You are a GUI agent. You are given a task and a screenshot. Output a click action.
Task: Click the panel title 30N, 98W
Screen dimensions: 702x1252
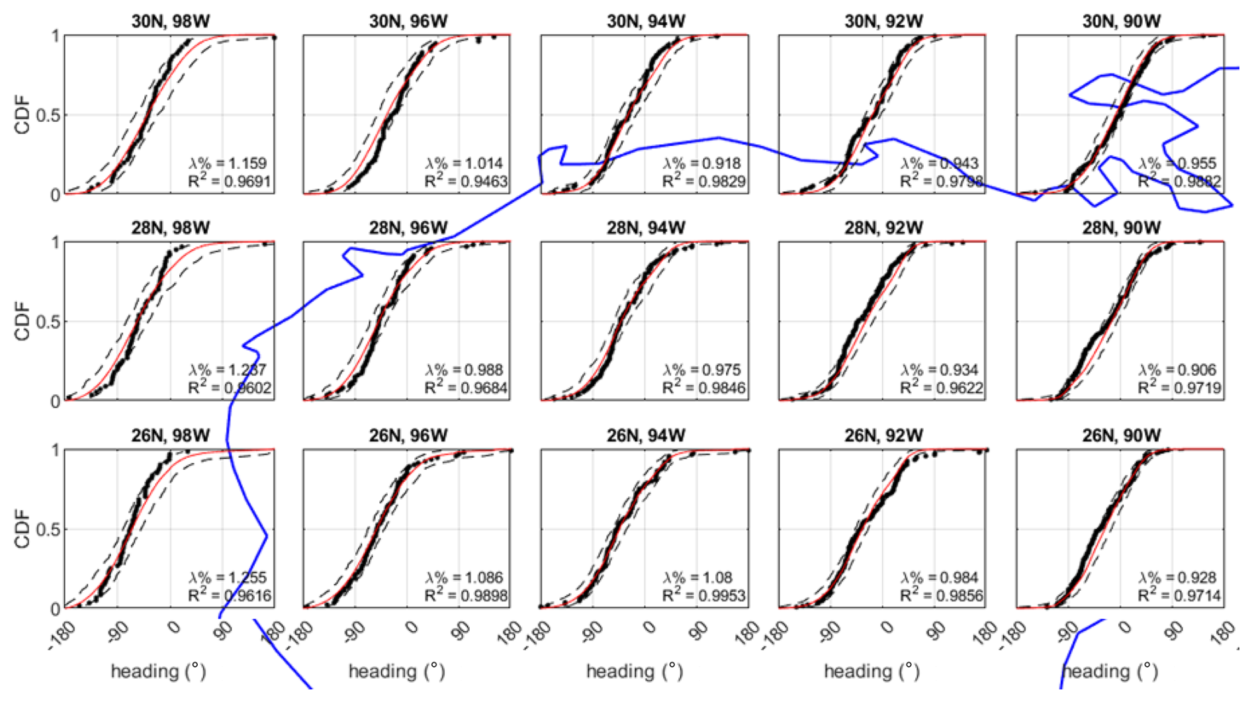170,21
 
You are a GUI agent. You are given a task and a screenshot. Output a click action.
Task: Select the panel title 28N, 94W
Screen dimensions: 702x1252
646,228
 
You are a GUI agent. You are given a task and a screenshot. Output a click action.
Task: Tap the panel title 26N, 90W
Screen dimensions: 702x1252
1121,435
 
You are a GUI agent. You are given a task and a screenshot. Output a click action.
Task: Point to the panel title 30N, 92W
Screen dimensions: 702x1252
883,21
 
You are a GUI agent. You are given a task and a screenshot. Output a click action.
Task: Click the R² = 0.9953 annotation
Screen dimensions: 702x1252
704,596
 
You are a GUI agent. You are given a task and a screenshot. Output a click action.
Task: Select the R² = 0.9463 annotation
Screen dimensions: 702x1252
467,181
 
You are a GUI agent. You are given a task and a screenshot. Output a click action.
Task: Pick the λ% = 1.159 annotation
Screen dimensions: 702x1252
228,163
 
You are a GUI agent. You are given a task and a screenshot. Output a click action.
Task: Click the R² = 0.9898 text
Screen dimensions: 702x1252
467,596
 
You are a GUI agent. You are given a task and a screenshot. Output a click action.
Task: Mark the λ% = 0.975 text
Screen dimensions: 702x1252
703,371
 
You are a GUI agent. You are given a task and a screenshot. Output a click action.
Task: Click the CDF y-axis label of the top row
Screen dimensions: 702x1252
23,114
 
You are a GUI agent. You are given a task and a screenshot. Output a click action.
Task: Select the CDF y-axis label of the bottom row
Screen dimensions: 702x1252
23,529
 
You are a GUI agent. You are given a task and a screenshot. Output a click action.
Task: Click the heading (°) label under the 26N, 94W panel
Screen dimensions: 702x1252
634,672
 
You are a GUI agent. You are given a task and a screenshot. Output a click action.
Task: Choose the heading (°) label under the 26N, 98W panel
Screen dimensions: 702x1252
158,672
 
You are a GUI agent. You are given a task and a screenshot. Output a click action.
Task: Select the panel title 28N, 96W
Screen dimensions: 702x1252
408,228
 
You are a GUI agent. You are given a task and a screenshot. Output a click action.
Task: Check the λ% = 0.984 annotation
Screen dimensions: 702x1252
940,578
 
